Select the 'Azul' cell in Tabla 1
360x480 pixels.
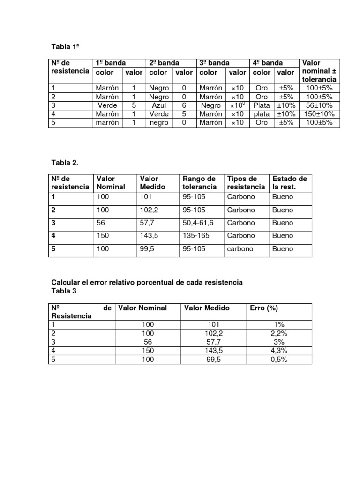(158, 105)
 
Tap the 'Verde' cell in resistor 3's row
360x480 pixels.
(107, 105)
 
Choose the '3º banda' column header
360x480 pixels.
(214, 63)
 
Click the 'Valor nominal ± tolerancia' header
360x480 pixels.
(319, 71)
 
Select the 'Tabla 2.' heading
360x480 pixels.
(64, 162)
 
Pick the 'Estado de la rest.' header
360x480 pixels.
(289, 183)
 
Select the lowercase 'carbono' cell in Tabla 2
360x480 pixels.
(240, 249)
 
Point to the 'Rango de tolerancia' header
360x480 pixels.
(199, 183)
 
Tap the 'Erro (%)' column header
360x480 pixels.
(264, 308)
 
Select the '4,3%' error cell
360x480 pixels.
(279, 351)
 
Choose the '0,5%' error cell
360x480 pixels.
(279, 360)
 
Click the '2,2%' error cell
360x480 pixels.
(279, 333)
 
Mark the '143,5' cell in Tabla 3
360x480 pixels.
(214, 351)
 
